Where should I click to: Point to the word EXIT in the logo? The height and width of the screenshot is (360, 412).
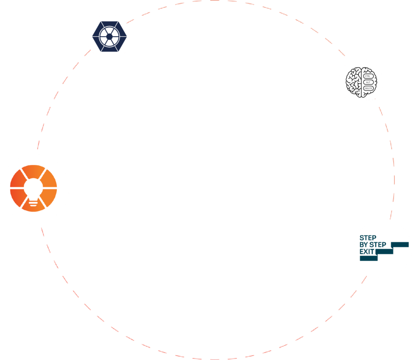tap(367, 252)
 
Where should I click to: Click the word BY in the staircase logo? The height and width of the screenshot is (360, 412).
tap(364, 245)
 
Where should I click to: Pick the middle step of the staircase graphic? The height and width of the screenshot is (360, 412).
tap(384, 251)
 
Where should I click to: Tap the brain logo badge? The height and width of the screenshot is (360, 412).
tap(360, 82)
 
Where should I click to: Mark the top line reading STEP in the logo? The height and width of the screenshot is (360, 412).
tap(368, 238)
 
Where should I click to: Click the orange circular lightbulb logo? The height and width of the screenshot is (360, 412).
tap(34, 188)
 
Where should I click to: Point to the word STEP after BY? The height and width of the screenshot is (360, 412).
tap(378, 245)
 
